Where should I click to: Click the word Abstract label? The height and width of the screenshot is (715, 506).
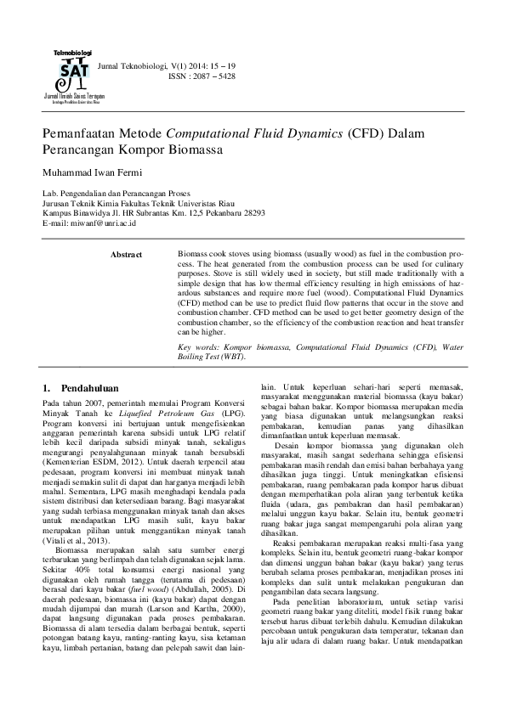pos(127,254)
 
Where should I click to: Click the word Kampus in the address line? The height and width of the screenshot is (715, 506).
pos(56,213)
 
